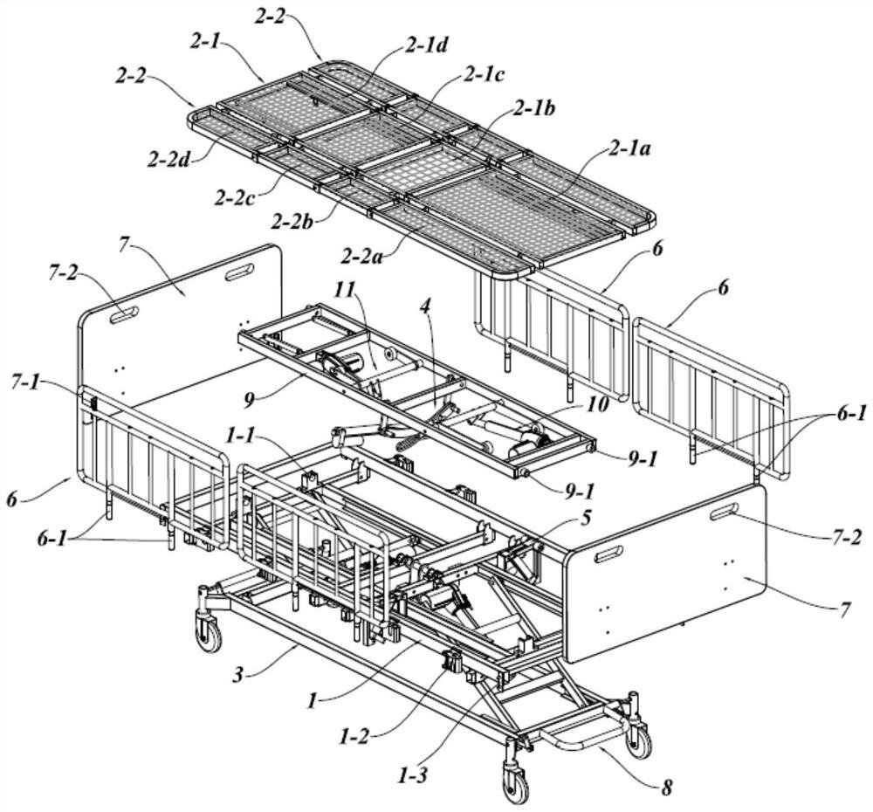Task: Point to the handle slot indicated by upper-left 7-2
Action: click(x=123, y=314)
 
